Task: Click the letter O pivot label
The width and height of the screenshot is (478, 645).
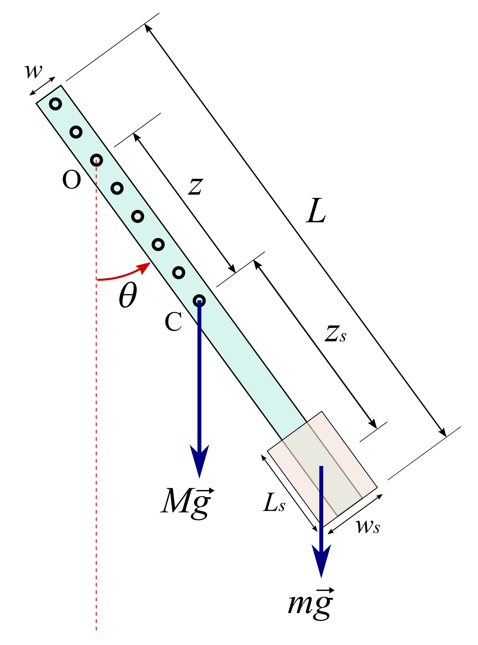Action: point(71,180)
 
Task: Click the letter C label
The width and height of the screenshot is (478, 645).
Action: point(173,322)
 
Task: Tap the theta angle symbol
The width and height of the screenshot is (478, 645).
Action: point(128,295)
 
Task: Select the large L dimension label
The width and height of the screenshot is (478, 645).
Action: point(316,211)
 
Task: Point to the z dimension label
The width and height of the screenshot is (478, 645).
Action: point(195,186)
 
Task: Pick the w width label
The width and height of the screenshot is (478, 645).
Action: point(33,71)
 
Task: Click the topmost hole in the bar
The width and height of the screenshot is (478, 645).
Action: point(55,104)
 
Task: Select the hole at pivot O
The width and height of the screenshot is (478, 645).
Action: point(96,160)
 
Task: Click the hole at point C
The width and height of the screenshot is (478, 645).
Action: point(199,300)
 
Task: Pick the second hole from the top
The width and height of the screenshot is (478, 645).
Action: point(76,132)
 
